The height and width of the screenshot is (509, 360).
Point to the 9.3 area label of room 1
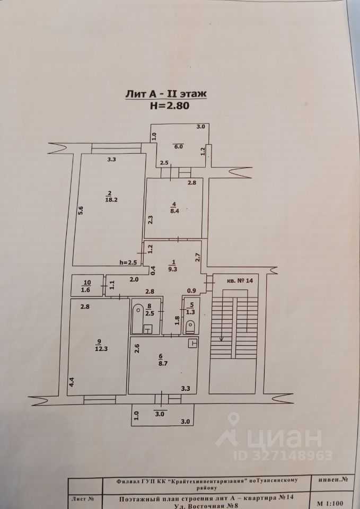coord(172,269)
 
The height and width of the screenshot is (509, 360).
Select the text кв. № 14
coord(239,280)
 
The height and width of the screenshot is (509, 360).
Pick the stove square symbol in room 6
coord(194,343)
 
